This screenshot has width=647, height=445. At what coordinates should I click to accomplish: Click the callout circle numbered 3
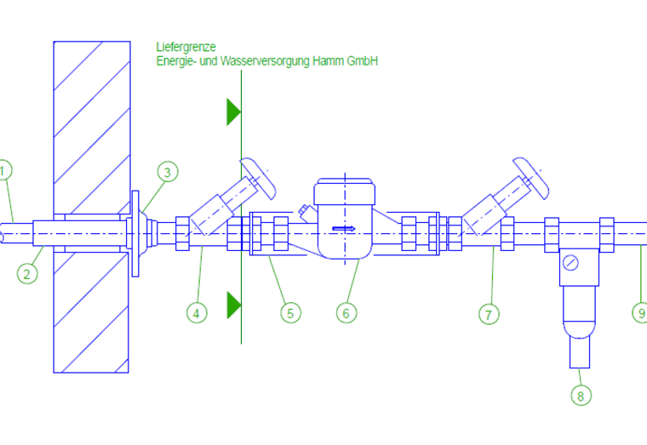[168, 172]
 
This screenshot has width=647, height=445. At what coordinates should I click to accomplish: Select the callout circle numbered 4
[197, 313]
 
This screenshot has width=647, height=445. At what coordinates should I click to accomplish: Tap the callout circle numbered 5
[291, 313]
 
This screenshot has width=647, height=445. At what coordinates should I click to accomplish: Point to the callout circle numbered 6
[346, 313]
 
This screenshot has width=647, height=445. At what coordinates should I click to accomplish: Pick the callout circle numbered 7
[489, 314]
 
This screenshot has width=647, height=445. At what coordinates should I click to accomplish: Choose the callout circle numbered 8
[581, 396]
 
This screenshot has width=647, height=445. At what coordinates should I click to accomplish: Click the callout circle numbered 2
[27, 273]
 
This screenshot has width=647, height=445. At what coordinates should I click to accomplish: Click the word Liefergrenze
[186, 47]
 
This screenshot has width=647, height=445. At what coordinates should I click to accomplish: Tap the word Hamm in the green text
[328, 61]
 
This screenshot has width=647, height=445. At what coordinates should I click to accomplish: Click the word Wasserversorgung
[265, 61]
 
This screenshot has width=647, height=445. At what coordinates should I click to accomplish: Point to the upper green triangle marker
[233, 111]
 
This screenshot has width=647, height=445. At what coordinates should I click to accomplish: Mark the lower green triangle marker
[233, 305]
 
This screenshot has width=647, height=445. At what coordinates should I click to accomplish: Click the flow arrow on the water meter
[344, 228]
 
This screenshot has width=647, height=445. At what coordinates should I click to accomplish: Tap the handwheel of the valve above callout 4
[258, 178]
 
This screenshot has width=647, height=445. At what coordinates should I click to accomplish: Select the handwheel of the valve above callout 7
[531, 178]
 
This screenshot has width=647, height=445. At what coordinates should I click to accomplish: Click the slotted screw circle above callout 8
[570, 263]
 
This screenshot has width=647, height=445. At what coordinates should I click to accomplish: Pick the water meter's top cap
[345, 191]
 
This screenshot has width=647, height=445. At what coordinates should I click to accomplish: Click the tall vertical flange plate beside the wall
[135, 233]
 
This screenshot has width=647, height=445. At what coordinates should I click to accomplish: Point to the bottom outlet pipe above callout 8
[580, 352]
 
